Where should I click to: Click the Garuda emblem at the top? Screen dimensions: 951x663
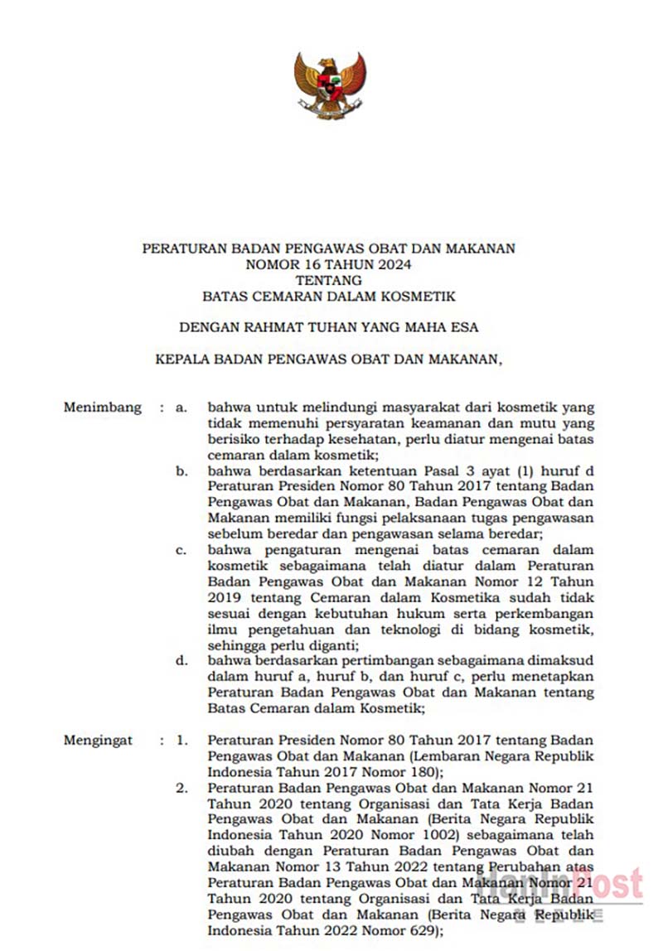330,85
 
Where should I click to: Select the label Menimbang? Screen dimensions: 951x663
102,408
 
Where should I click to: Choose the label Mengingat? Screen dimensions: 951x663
99,741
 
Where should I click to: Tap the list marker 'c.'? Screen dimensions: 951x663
181,551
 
